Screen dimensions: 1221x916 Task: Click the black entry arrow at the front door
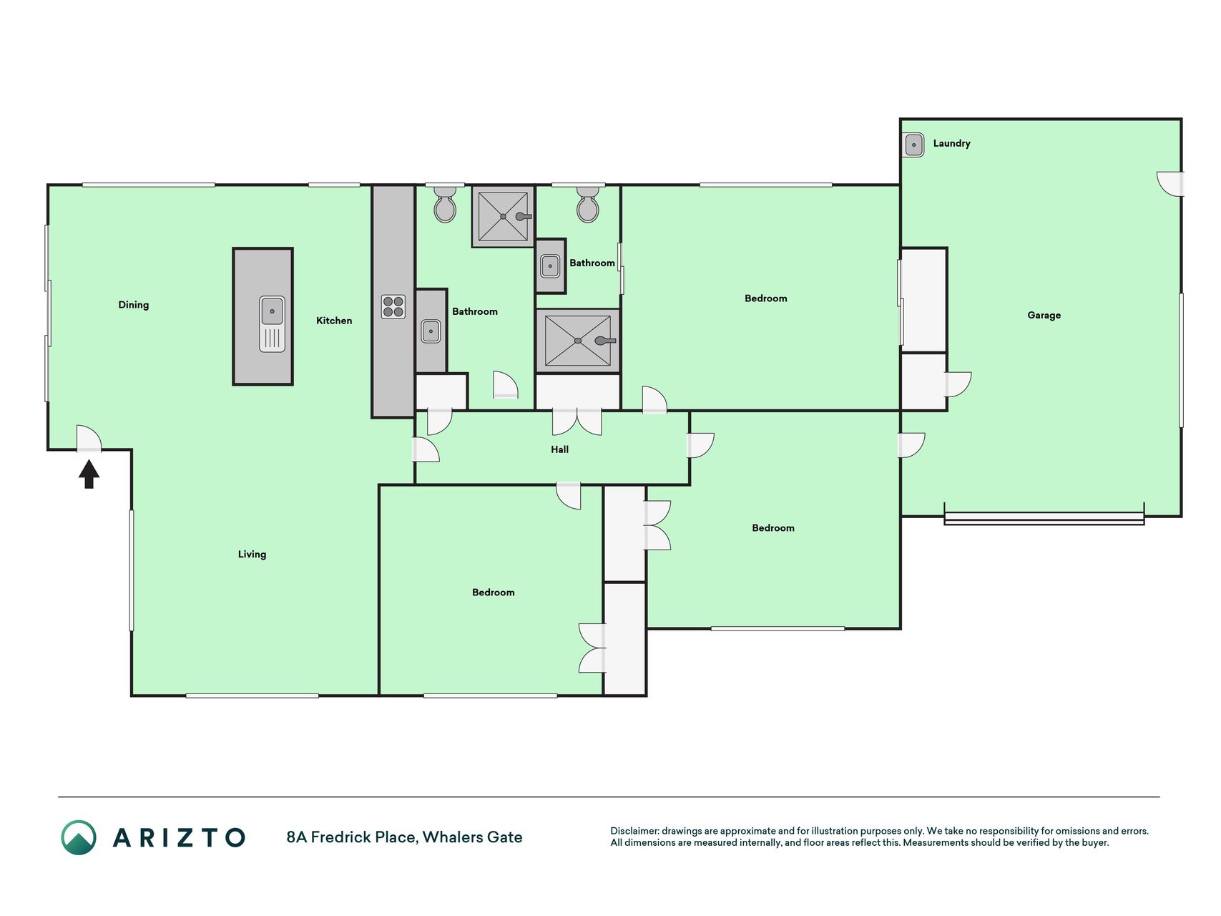pos(89,474)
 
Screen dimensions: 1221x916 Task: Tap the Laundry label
pos(951,143)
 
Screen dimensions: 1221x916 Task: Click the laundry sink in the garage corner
pos(914,145)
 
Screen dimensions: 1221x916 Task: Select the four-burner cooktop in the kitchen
pos(393,307)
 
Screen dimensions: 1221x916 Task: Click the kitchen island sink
pos(273,323)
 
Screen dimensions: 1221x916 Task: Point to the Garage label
pos(1044,315)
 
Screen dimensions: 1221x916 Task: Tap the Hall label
pos(560,449)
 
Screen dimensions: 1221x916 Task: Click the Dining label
pos(134,305)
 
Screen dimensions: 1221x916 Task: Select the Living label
pos(252,554)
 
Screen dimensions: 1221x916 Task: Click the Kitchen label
pos(334,321)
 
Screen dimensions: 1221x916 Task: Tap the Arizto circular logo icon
pos(79,837)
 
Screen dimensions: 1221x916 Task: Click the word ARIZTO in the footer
pos(179,837)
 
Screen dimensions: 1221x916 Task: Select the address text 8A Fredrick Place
pos(351,837)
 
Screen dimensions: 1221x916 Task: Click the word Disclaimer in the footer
pos(634,831)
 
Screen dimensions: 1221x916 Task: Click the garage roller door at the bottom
pos(1044,518)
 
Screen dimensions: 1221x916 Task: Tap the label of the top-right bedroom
pos(765,298)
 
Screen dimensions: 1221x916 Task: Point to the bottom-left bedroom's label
pos(493,593)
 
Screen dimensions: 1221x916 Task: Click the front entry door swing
pos(89,439)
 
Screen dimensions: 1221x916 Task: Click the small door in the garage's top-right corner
pos(1170,184)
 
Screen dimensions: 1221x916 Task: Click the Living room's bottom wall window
pos(252,696)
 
